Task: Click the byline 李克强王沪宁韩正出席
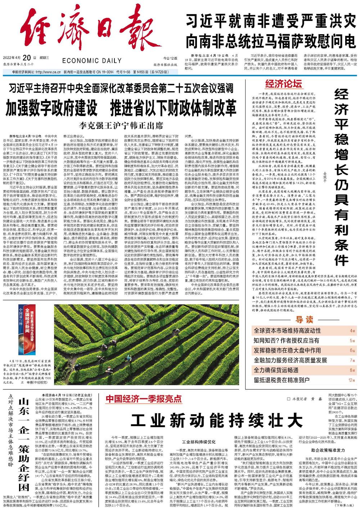click(x=122, y=126)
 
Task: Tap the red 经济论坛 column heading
click(x=283, y=84)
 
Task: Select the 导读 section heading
click(x=304, y=319)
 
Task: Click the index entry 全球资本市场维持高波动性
click(x=287, y=331)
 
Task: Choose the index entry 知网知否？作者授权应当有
click(x=287, y=340)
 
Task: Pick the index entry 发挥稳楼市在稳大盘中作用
click(x=287, y=350)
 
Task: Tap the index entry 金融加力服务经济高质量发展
click(x=290, y=360)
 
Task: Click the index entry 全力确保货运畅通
click(x=276, y=370)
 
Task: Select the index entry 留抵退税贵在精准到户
click(x=282, y=379)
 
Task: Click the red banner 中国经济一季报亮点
click(x=144, y=399)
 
